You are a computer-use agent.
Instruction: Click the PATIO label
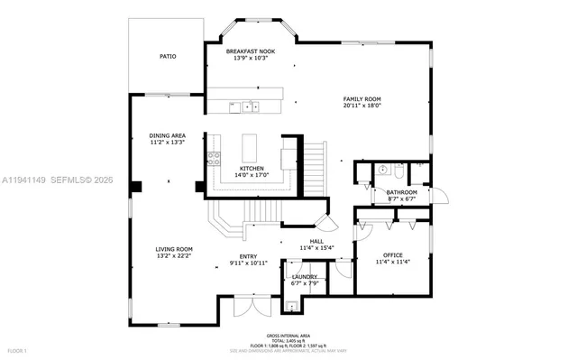(168, 56)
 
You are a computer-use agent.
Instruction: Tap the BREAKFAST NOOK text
(250, 52)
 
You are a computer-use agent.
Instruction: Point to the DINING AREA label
(167, 135)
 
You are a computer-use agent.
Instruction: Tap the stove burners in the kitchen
(215, 159)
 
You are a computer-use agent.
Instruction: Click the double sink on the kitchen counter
(244, 107)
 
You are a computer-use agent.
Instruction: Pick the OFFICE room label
(392, 255)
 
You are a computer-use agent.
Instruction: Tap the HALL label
(316, 241)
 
